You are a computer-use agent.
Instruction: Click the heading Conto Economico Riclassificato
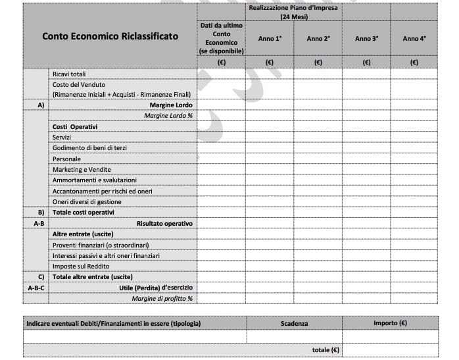[110, 36]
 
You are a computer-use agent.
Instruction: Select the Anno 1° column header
[270, 39]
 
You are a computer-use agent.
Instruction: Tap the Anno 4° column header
[414, 39]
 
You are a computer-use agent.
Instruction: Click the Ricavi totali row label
[69, 74]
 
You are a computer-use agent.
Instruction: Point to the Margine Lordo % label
[168, 115]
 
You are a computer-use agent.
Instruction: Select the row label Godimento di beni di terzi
[89, 148]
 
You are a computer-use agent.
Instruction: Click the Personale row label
[66, 159]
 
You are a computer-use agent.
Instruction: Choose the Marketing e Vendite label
[82, 169]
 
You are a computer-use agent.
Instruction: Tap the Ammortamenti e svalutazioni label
[94, 180]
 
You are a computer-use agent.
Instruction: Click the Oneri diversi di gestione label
[87, 201]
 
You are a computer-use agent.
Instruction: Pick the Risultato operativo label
[164, 223]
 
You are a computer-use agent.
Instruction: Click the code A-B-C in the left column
[36, 288]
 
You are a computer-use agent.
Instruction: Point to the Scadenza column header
[294, 323]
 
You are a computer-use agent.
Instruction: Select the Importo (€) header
[390, 323]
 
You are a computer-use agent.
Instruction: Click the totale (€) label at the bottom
[326, 350]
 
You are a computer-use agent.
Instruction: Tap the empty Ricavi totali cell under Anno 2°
[318, 74]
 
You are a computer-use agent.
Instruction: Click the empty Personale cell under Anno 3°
[366, 159]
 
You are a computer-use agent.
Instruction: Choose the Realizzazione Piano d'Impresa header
[293, 11]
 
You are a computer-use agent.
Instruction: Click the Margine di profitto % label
[162, 298]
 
